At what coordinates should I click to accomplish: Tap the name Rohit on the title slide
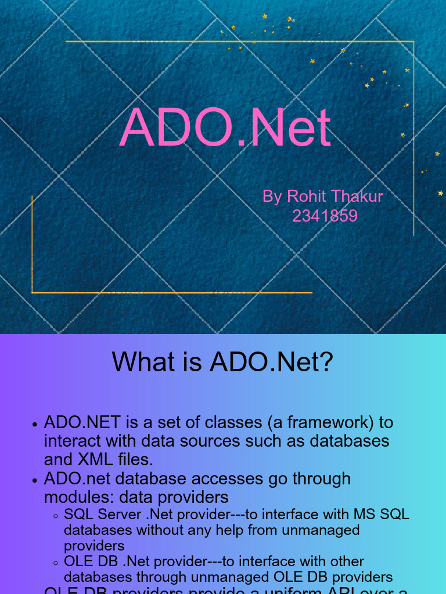click(x=307, y=197)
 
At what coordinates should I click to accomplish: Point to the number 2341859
click(x=324, y=216)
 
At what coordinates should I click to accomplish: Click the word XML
click(x=94, y=459)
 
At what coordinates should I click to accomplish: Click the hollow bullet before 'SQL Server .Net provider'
click(x=55, y=516)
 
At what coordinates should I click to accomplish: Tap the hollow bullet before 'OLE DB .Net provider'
click(x=55, y=563)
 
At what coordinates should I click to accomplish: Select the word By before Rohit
click(x=272, y=197)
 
